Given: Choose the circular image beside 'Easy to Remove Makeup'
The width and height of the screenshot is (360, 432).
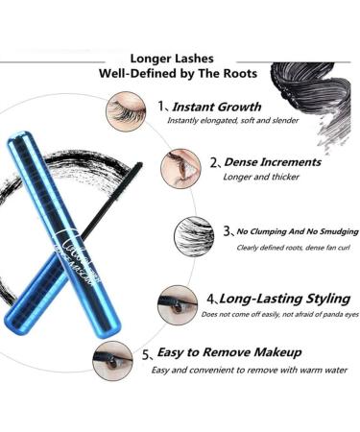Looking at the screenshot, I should point(112,360).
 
